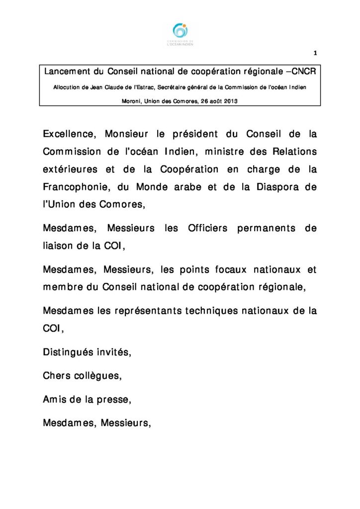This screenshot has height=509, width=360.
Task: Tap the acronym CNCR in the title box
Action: point(304,72)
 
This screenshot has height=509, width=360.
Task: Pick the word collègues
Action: point(97,376)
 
